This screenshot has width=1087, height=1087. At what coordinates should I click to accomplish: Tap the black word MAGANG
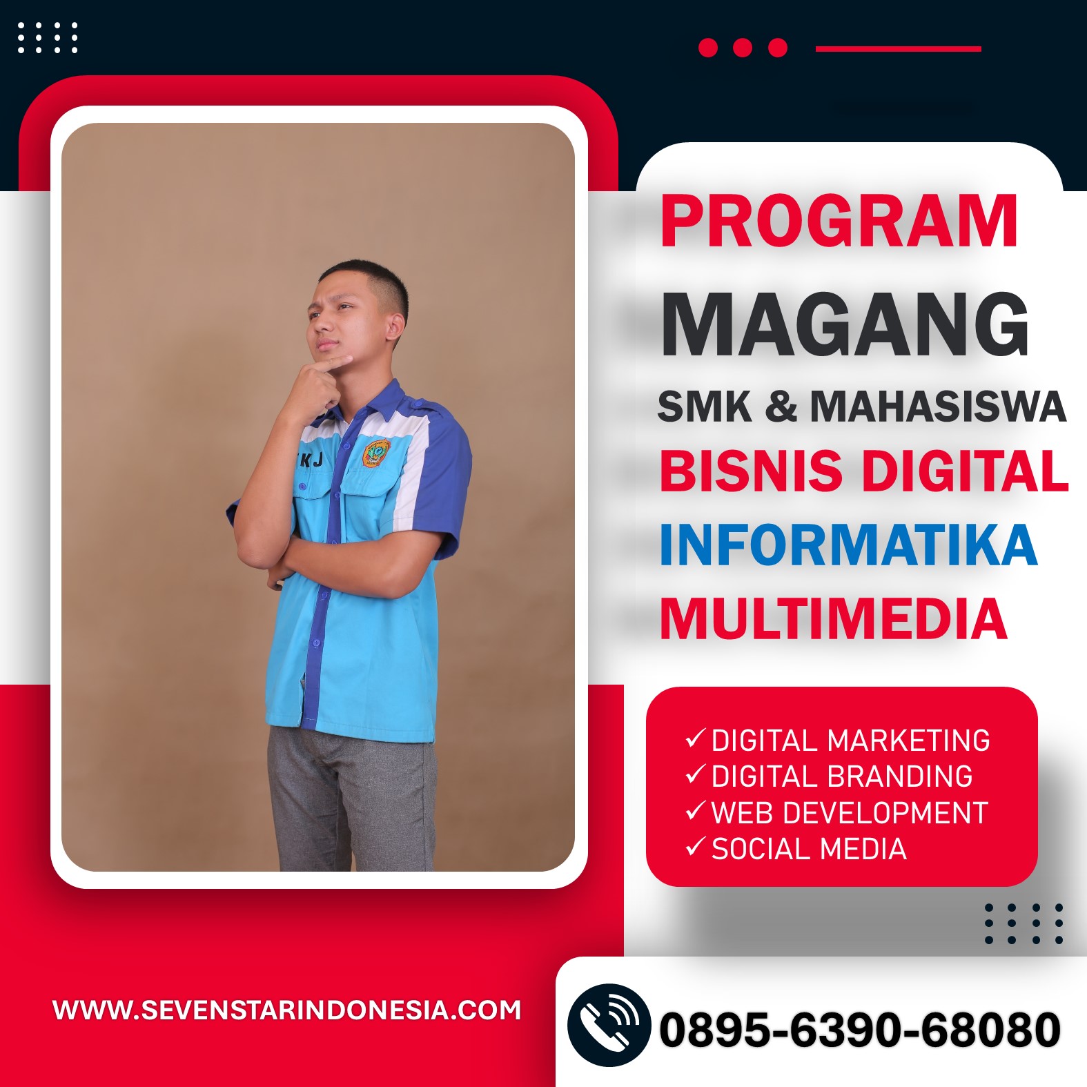[845, 324]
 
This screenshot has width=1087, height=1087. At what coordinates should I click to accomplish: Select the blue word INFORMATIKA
[848, 545]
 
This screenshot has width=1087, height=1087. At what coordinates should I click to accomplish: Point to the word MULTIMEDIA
[834, 619]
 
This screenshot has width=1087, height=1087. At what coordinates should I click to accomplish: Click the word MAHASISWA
[938, 406]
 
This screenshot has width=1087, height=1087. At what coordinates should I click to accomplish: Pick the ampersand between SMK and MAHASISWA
[781, 406]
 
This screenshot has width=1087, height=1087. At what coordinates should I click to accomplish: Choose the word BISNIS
[751, 471]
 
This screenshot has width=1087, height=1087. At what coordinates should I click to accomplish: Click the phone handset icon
[609, 1025]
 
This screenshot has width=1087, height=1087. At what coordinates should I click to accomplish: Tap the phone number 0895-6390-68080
[859, 1030]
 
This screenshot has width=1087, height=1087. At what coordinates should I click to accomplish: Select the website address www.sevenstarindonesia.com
[286, 1010]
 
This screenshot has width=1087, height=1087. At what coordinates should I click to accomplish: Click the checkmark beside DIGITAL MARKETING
[695, 738]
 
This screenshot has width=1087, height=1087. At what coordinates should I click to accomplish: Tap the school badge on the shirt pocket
[376, 453]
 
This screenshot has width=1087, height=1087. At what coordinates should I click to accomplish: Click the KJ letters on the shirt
[311, 460]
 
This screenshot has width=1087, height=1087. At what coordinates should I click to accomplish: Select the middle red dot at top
[743, 48]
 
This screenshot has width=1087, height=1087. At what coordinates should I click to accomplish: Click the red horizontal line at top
[898, 48]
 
